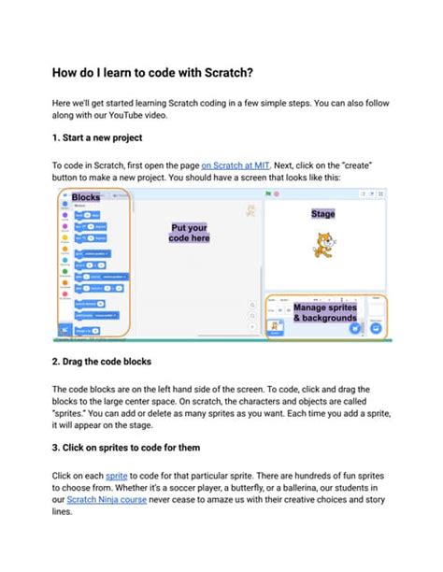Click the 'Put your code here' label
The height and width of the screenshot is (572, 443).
(x=190, y=232)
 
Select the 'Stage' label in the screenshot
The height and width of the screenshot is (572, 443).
(x=322, y=214)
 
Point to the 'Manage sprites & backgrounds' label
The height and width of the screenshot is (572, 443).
(x=324, y=312)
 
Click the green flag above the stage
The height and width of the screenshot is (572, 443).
(x=268, y=193)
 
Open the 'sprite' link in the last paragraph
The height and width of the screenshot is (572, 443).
(x=117, y=475)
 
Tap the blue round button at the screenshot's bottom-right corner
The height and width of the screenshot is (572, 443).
(x=376, y=329)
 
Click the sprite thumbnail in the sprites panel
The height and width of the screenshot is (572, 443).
(x=276, y=326)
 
